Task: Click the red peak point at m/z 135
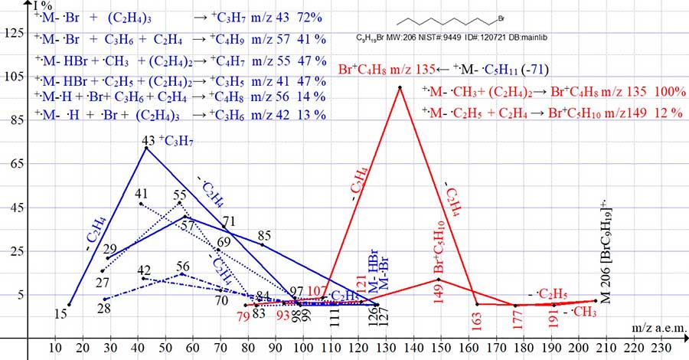[400, 87]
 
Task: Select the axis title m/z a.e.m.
[658, 327]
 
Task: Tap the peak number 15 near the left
[61, 313]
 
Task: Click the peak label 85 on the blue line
[265, 235]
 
